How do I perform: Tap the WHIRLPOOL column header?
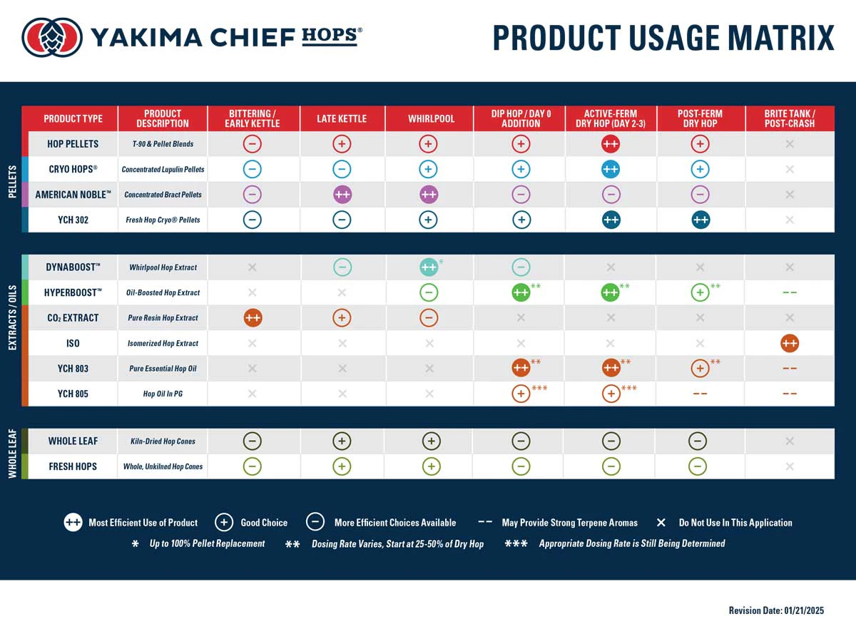tap(431, 118)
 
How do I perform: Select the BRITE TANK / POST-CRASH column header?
tap(789, 118)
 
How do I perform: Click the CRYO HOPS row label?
tap(73, 169)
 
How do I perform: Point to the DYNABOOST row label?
tap(73, 267)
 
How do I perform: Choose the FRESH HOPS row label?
tap(73, 466)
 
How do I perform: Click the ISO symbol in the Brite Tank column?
tap(789, 343)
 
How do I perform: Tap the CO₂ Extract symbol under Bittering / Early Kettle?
tap(252, 318)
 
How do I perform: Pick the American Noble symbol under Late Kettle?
tap(342, 194)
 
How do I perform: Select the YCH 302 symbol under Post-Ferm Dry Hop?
tap(700, 220)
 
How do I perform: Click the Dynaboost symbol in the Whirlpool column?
tap(429, 267)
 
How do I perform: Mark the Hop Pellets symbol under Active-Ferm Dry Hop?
tap(610, 143)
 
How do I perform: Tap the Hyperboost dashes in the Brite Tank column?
tap(789, 292)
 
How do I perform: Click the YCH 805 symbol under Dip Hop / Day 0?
tap(521, 394)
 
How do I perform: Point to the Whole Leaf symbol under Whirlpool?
tap(431, 441)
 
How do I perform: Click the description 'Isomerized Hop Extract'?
tap(163, 343)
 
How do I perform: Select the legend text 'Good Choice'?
tap(264, 523)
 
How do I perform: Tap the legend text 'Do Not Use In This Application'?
tap(735, 523)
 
